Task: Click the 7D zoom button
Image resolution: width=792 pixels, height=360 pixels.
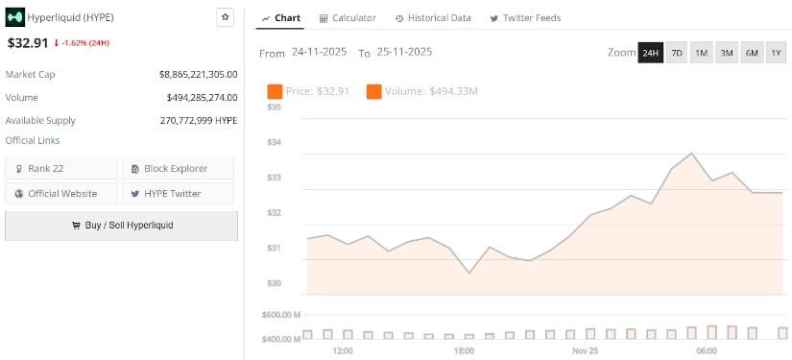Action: click(677, 53)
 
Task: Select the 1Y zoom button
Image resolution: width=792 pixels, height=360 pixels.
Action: click(776, 53)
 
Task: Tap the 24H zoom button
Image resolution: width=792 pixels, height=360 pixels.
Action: click(650, 53)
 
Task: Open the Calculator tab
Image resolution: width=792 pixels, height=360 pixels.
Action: click(348, 18)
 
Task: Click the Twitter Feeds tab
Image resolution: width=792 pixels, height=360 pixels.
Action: click(525, 18)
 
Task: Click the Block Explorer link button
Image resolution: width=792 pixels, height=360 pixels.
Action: click(178, 169)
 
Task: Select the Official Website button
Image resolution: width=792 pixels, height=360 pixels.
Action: click(61, 193)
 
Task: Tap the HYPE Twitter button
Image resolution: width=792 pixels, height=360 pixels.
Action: click(178, 193)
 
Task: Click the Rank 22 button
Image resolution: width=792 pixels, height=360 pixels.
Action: click(61, 169)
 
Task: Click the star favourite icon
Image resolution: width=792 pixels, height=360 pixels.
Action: click(225, 16)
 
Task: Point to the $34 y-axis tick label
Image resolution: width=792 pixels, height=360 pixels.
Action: click(275, 143)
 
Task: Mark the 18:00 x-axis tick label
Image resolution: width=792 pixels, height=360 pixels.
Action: click(464, 351)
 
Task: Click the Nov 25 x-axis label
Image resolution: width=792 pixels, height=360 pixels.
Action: click(586, 351)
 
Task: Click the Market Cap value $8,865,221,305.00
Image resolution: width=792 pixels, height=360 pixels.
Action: click(198, 74)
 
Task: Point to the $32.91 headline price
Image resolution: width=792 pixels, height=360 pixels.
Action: click(28, 43)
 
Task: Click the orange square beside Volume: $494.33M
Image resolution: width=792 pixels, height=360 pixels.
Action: click(373, 92)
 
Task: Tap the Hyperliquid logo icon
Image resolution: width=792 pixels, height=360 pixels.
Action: click(15, 16)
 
